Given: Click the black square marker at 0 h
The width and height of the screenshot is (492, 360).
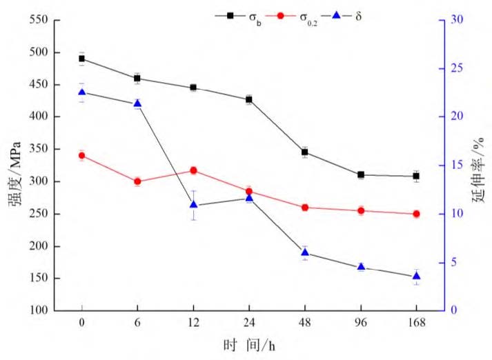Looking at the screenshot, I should [81, 59].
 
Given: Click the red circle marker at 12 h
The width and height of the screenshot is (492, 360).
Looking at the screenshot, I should [193, 170].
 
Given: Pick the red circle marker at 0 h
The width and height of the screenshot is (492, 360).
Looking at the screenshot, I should [81, 156].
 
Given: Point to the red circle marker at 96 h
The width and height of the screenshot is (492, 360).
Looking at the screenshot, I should [360, 211].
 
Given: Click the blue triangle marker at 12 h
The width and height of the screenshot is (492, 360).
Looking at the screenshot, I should [193, 204].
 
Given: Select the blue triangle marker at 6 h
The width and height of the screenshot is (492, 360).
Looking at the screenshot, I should [137, 103].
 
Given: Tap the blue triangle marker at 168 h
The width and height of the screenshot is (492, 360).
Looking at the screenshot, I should [416, 276].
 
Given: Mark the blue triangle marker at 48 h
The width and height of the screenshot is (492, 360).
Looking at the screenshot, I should [304, 252].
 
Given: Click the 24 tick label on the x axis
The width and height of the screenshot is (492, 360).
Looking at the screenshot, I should [249, 323].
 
